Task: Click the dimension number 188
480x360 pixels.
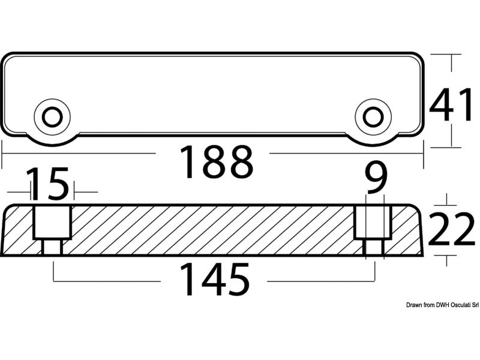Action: point(217,162)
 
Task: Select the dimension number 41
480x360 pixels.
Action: point(451,104)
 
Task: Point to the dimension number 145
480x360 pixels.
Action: point(214,280)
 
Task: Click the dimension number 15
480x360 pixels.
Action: point(48,183)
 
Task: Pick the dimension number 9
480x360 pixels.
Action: point(377,178)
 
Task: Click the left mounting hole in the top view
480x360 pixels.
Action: point(52,117)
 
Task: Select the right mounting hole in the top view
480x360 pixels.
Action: point(373,117)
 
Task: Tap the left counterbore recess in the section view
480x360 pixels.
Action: point(52,222)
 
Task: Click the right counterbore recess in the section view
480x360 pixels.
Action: point(373,222)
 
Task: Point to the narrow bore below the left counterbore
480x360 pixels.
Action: point(52,247)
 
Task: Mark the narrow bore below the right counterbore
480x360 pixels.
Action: point(373,247)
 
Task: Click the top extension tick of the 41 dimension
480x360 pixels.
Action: point(446,54)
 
